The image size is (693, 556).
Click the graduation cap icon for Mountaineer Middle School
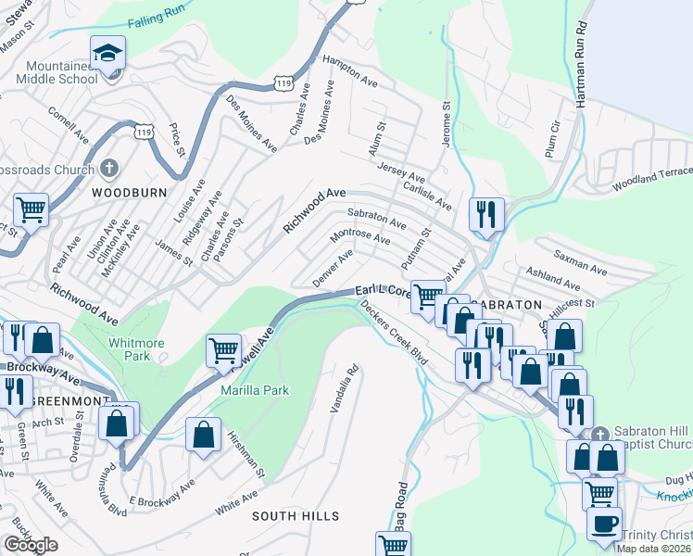108,52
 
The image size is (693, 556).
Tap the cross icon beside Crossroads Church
109,169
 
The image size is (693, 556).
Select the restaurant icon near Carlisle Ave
486,214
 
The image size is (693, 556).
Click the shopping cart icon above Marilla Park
223,350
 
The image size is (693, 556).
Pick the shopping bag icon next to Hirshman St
203,434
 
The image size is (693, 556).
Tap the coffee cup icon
604,523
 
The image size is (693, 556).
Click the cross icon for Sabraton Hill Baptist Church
600,434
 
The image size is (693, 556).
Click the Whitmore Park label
135,349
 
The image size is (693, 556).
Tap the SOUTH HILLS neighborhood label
295,515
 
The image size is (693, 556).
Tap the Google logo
31,545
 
